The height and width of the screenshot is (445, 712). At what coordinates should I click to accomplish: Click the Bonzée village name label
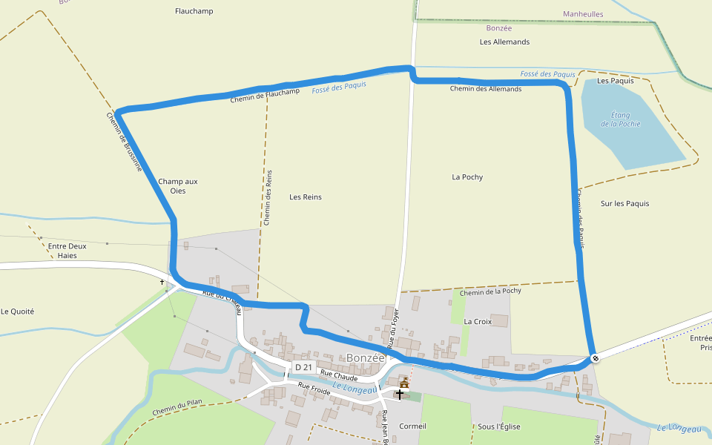pyautogui.click(x=366, y=358)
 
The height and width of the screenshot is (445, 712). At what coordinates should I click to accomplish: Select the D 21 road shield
pyautogui.click(x=303, y=367)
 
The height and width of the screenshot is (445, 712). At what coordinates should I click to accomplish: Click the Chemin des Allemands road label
pyautogui.click(x=486, y=89)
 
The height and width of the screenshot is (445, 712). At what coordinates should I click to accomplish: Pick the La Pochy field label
pyautogui.click(x=467, y=177)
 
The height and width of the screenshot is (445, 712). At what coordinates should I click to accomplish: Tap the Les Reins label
pyautogui.click(x=306, y=197)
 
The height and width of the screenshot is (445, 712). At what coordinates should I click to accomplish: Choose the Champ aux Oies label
pyautogui.click(x=178, y=186)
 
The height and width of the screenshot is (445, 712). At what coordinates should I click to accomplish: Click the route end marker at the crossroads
pyautogui.click(x=595, y=360)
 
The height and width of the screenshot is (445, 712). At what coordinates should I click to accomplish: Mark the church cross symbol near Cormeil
pyautogui.click(x=400, y=395)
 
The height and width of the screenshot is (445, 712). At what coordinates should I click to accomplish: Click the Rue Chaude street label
pyautogui.click(x=340, y=378)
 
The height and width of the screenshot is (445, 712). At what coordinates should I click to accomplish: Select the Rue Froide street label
pyautogui.click(x=314, y=388)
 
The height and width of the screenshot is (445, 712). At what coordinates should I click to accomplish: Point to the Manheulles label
pyautogui.click(x=583, y=14)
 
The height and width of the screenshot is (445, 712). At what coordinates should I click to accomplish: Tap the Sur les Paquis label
pyautogui.click(x=624, y=203)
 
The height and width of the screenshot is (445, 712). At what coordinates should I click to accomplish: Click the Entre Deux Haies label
pyautogui.click(x=67, y=251)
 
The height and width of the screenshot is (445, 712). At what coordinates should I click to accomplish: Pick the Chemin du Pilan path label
pyautogui.click(x=177, y=408)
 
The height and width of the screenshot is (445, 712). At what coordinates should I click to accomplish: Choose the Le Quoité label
pyautogui.click(x=18, y=311)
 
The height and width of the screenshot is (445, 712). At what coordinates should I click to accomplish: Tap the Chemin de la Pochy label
pyautogui.click(x=490, y=291)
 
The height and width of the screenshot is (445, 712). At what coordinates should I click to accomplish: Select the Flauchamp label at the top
pyautogui.click(x=194, y=11)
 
